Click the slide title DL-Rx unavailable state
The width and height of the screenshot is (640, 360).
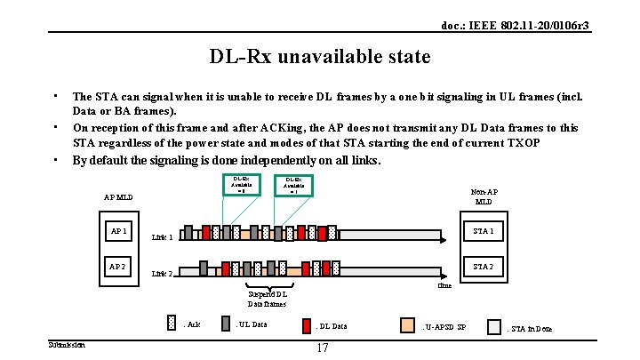point(320,57)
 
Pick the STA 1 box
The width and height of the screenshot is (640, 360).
point(483,232)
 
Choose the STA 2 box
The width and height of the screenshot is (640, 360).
point(483,266)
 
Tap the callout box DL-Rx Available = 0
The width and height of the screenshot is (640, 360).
point(241,184)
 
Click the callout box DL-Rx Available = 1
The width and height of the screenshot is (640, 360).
point(294,185)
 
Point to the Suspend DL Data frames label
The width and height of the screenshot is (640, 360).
point(267,299)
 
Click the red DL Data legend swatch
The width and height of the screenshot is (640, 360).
point(305,325)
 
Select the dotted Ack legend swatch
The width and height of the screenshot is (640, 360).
point(172,324)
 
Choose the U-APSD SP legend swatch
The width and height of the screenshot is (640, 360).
point(407,325)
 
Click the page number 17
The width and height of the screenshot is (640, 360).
point(322,348)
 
